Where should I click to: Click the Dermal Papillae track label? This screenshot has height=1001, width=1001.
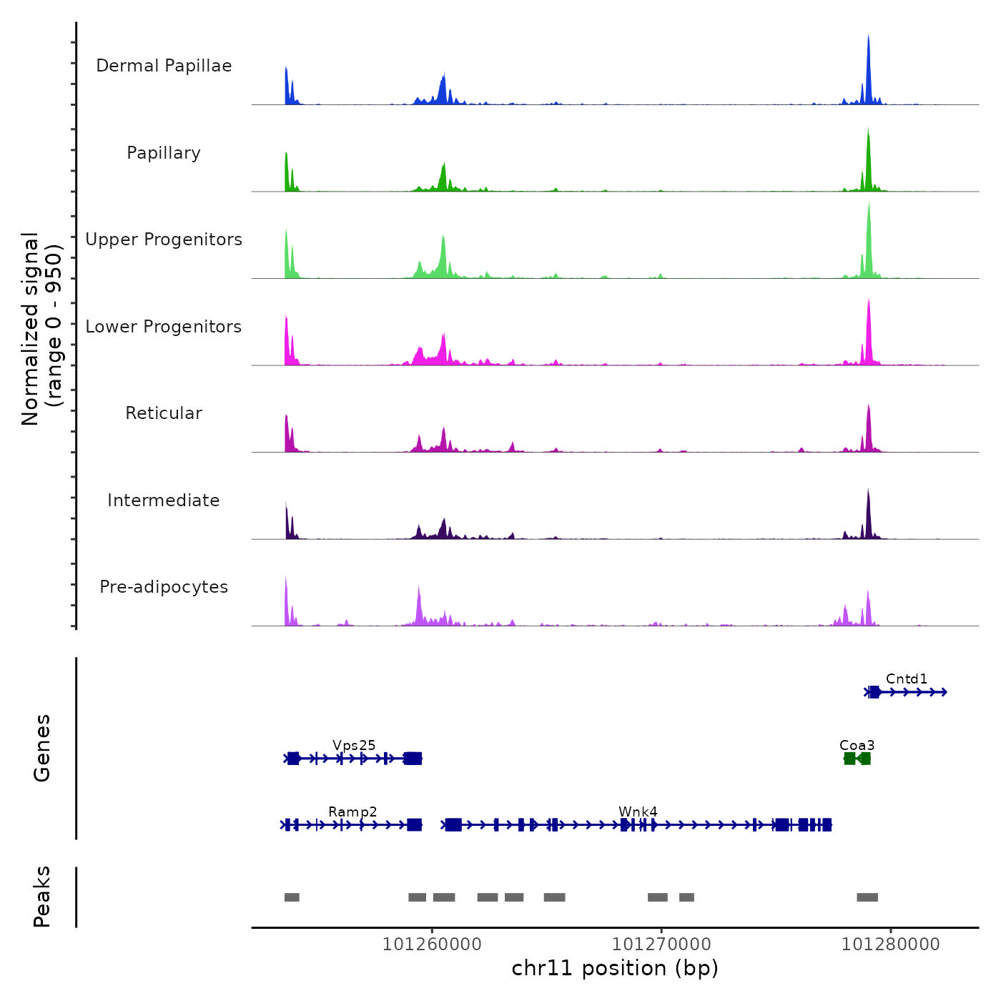point(164,66)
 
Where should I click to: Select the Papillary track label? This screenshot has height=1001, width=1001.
point(164,153)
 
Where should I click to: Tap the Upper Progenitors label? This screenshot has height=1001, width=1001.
point(164,240)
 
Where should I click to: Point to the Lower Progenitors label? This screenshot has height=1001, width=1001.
point(164,327)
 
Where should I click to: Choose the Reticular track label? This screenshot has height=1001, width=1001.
point(164,413)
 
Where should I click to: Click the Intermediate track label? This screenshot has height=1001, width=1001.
point(164,500)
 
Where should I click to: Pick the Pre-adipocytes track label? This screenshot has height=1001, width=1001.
point(164,587)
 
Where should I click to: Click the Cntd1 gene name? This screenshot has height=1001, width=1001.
point(906,679)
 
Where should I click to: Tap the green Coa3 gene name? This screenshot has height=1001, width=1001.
point(857,745)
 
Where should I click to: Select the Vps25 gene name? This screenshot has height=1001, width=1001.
point(354,745)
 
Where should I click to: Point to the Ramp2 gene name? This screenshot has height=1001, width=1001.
point(352,812)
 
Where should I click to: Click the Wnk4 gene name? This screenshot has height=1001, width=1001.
point(638,812)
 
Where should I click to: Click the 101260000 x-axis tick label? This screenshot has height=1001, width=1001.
point(432,945)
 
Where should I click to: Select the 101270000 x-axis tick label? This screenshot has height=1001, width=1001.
point(661,945)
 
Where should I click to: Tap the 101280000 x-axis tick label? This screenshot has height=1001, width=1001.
point(891,945)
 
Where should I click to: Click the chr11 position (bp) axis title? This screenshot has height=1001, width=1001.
point(615,968)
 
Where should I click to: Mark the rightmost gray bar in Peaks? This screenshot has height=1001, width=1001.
point(867,897)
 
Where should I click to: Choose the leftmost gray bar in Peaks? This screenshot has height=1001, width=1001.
point(292,897)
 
